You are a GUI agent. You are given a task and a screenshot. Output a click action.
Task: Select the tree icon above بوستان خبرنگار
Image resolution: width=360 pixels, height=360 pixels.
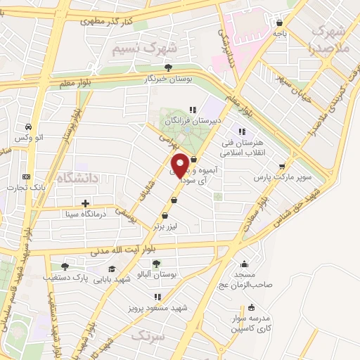pyautogui.click(x=168, y=67)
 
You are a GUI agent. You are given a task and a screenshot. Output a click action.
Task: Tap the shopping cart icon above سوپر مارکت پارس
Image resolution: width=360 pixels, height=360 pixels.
pyautogui.click(x=282, y=167)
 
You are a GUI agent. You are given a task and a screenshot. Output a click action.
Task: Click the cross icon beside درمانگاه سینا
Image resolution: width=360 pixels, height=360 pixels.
pyautogui.click(x=85, y=204)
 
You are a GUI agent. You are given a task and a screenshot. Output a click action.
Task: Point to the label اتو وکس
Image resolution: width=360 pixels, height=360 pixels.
pyautogui.click(x=34, y=136)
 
